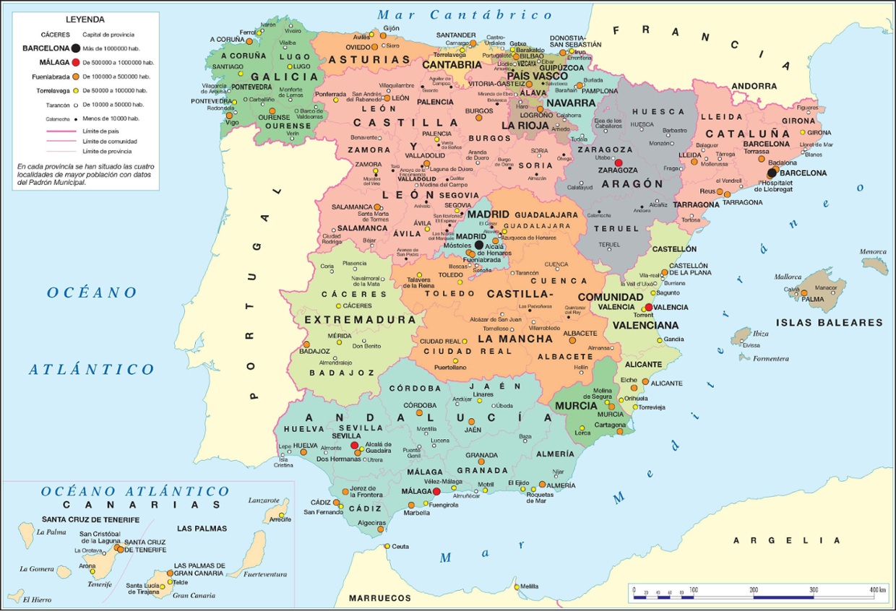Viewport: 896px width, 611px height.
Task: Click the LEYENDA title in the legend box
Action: pyautogui.click(x=85, y=19)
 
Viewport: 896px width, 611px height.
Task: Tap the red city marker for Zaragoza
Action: pyautogui.click(x=618, y=162)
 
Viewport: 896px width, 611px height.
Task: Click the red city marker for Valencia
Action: pyautogui.click(x=648, y=307)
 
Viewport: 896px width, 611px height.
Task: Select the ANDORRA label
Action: pyautogui.click(x=754, y=86)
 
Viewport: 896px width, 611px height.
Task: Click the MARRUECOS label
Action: pyautogui.click(x=379, y=598)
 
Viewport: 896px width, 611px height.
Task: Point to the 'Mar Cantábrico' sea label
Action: pyautogui.click(x=465, y=14)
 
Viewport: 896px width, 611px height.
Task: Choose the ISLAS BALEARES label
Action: pyautogui.click(x=830, y=322)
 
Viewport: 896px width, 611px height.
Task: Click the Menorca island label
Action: pyautogui.click(x=872, y=252)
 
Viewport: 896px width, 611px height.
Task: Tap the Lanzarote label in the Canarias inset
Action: pyautogui.click(x=263, y=500)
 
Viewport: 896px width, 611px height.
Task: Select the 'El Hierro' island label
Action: pyautogui.click(x=36, y=599)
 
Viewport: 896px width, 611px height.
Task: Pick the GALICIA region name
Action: pyautogui.click(x=284, y=77)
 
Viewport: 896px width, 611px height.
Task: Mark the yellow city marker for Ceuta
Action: pyautogui.click(x=387, y=547)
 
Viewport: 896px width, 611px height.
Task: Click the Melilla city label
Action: pyautogui.click(x=529, y=586)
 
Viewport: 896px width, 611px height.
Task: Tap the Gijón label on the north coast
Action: pyautogui.click(x=392, y=28)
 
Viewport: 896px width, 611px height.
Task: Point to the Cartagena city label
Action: pyautogui.click(x=609, y=425)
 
